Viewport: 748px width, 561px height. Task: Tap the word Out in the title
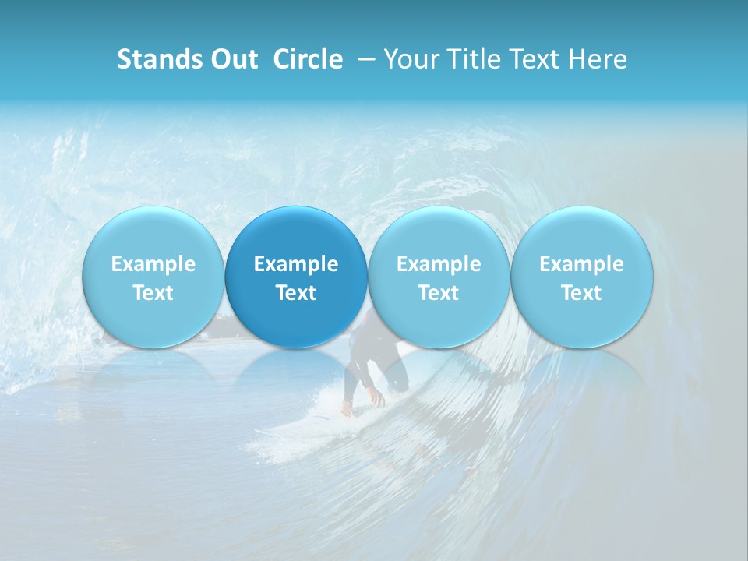click(232, 59)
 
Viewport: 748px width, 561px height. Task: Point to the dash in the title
click(363, 60)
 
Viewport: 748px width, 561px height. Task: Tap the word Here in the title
click(598, 59)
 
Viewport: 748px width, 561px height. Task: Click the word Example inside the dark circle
click(296, 264)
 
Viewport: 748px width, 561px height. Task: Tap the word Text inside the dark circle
click(296, 293)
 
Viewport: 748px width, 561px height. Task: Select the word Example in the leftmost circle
click(153, 264)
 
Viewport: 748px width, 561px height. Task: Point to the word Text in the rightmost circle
click(582, 293)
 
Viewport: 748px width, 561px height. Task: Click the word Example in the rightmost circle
click(582, 264)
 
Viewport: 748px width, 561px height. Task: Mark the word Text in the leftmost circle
click(153, 293)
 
